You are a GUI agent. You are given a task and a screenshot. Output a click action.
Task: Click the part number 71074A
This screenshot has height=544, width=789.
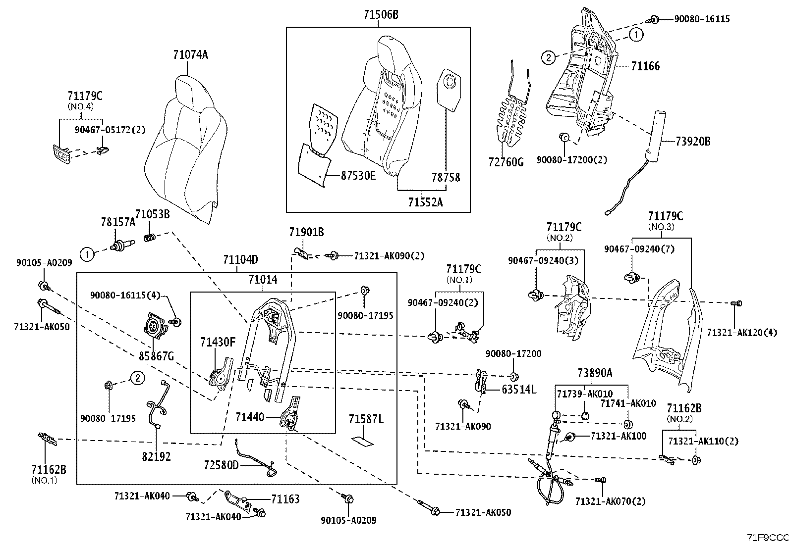tap(190, 55)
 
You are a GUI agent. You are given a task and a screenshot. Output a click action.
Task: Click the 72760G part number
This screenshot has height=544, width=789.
tap(505, 162)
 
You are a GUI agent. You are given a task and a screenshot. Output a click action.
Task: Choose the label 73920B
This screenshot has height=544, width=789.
tap(693, 142)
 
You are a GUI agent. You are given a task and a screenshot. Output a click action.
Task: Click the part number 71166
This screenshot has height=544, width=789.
tap(645, 66)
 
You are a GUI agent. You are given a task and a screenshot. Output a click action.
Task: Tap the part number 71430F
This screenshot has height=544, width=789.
tap(218, 342)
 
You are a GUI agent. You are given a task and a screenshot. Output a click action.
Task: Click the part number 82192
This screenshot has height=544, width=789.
tap(156, 456)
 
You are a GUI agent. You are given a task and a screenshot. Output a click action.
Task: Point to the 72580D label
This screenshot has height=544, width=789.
tap(221, 465)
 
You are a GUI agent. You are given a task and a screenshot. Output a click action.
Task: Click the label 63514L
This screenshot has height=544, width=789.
tap(519, 390)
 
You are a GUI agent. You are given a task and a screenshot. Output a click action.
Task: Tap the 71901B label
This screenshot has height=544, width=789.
tap(306, 232)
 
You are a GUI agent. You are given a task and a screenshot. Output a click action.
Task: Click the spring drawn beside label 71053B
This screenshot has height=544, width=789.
tap(150, 238)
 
